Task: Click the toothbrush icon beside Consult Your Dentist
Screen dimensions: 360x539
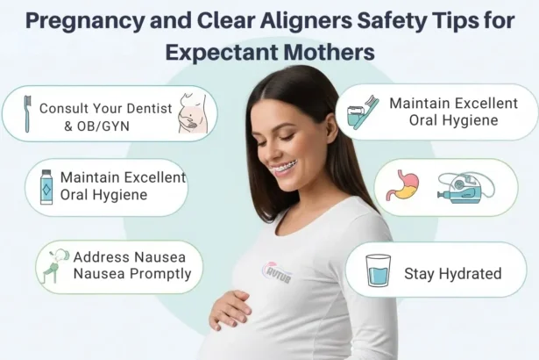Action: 27,113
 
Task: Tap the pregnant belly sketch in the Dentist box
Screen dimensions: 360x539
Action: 189,113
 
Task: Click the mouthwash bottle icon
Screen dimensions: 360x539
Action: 46,187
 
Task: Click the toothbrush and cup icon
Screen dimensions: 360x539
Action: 361,112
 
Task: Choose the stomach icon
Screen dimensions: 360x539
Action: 402,185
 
